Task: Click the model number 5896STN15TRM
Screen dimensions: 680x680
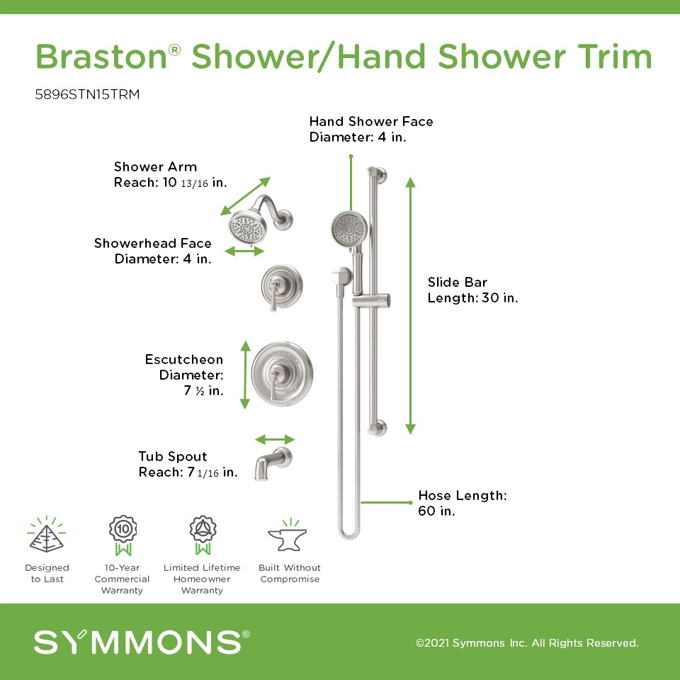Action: (x=87, y=94)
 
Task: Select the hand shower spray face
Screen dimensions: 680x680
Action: (x=349, y=228)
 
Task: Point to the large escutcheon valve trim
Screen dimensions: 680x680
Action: (x=282, y=374)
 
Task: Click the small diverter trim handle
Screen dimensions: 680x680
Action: (x=281, y=287)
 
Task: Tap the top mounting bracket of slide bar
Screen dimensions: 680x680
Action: (x=378, y=174)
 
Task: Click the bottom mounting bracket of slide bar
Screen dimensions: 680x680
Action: (x=378, y=428)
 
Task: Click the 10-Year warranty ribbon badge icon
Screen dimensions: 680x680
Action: (x=123, y=535)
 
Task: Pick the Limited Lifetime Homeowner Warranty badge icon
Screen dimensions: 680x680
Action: (x=203, y=535)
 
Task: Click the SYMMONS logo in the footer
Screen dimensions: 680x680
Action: (x=142, y=642)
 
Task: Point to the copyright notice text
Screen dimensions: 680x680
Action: (x=527, y=642)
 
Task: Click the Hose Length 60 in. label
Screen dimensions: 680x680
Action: (x=463, y=503)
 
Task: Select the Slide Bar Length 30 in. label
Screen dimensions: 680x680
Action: (x=472, y=290)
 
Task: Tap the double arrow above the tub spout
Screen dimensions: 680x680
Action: (x=275, y=439)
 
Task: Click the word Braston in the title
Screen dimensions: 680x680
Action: (x=101, y=57)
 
